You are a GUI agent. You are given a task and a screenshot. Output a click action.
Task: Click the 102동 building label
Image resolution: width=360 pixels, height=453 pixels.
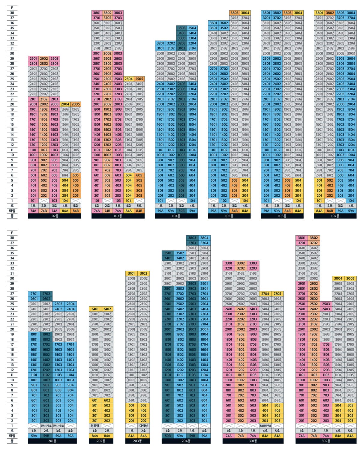pyautogui.click(x=54, y=216)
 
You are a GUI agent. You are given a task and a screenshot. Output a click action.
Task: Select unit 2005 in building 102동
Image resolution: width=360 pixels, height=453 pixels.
pyautogui.click(x=76, y=104)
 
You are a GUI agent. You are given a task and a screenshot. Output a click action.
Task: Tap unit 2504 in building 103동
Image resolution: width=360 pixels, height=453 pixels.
pyautogui.click(x=129, y=79)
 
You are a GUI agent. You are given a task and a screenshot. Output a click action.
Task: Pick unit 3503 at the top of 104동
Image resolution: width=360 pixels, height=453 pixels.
pyautogui.click(x=181, y=28)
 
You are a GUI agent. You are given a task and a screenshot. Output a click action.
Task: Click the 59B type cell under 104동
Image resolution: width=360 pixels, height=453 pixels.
pyautogui.click(x=181, y=211)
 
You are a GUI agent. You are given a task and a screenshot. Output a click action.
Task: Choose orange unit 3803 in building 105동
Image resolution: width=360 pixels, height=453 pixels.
pyautogui.click(x=235, y=13)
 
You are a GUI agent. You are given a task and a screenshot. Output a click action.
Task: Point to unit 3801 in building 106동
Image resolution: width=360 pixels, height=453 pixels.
pyautogui.click(x=266, y=13)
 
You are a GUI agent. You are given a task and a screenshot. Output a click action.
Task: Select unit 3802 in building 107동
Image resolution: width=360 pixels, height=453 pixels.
pyautogui.click(x=330, y=13)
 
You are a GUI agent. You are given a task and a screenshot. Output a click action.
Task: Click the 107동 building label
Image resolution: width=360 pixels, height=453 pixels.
pyautogui.click(x=335, y=216)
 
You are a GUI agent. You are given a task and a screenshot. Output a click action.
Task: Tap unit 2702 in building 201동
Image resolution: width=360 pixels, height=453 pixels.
pyautogui.click(x=46, y=294)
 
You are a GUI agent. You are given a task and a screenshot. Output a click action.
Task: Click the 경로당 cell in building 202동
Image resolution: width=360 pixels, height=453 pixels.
pyautogui.click(x=95, y=426)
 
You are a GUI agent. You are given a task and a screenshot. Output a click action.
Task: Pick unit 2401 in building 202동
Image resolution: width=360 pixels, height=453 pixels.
pyautogui.click(x=95, y=309)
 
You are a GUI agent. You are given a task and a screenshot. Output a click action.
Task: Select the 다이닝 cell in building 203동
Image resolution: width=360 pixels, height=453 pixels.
pyautogui.click(x=143, y=426)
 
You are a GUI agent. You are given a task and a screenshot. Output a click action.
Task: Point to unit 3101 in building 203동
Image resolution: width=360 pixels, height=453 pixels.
pyautogui.click(x=131, y=273)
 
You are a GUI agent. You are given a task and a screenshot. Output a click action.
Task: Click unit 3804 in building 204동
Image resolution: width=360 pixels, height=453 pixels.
pyautogui.click(x=204, y=238)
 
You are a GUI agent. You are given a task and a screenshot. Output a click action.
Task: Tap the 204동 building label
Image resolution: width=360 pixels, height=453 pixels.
pyautogui.click(x=186, y=441)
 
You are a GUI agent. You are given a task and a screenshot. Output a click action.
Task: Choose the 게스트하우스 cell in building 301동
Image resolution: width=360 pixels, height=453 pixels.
pyautogui.click(x=265, y=426)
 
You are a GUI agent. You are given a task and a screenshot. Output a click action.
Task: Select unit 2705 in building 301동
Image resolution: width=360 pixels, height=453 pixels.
pyautogui.click(x=277, y=294)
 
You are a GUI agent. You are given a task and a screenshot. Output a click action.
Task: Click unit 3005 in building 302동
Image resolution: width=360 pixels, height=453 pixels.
pyautogui.click(x=350, y=279)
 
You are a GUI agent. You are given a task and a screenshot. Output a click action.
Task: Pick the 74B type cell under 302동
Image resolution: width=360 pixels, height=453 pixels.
pyautogui.click(x=314, y=436)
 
